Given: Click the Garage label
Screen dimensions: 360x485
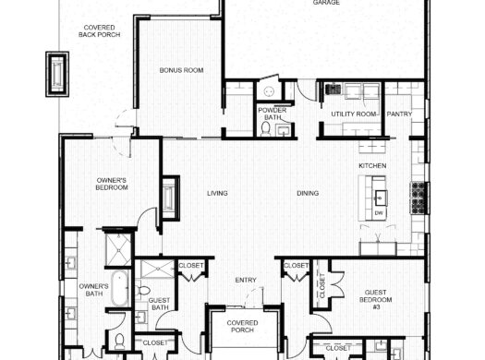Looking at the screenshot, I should point(324,4).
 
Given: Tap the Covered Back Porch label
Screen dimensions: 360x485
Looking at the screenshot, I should point(99,32).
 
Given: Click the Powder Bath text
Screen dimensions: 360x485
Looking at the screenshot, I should point(275,114).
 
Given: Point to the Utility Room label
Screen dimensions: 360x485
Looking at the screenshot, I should point(353,114).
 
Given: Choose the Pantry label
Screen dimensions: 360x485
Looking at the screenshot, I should point(399,114).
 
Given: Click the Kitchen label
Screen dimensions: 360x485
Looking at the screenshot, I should point(372,166).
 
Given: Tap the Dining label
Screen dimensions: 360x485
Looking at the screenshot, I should point(308,193).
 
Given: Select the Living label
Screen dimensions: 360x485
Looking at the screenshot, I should point(217,193).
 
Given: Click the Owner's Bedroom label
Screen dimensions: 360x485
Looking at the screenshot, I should point(112,183).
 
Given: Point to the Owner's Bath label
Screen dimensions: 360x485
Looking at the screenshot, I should point(94,290).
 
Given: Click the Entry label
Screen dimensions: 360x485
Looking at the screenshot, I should point(245,280).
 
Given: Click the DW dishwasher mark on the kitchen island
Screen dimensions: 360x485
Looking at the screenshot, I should point(379,213).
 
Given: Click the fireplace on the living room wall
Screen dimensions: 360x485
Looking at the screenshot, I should point(169,196).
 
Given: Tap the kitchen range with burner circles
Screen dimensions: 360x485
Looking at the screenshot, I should point(417,197).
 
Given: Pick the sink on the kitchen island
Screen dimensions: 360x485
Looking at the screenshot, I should point(380,197).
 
